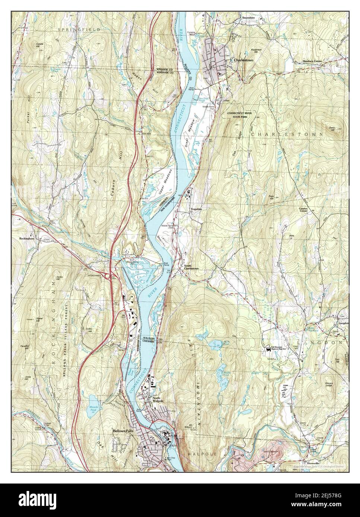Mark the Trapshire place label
(196, 209)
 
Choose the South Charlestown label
(190, 268)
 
